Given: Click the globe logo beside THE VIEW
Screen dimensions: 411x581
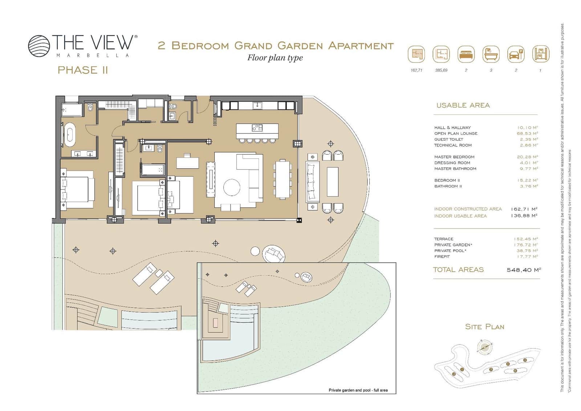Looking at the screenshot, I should pos(39,46).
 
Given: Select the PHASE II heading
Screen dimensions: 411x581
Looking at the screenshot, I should pos(83,70).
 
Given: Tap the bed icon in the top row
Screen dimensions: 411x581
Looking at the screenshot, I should pos(466,55).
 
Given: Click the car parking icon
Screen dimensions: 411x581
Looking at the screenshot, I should pos(516,55).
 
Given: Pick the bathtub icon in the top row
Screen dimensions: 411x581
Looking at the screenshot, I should pos(491,55).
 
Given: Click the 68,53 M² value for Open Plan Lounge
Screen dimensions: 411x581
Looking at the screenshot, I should pos(527,133).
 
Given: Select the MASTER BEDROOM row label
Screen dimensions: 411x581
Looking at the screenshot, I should pos(454,157).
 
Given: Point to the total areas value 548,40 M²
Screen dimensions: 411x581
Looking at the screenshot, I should pos(524,270).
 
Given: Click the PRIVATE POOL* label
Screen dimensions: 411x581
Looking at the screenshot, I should pos(450,251).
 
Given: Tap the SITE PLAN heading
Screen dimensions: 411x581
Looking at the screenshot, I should pos(484,327).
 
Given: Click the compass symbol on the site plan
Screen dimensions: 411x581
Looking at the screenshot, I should pos(484,347).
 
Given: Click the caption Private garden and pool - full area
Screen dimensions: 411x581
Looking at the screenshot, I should pos(358,390).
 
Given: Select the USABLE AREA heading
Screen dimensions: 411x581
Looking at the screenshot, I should pos(463,105).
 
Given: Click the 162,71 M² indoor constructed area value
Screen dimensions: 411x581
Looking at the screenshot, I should pos(524,209).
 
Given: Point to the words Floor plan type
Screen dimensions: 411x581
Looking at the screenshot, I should pos(275,58).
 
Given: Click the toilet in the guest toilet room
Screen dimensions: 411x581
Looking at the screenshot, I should pos(173,106).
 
